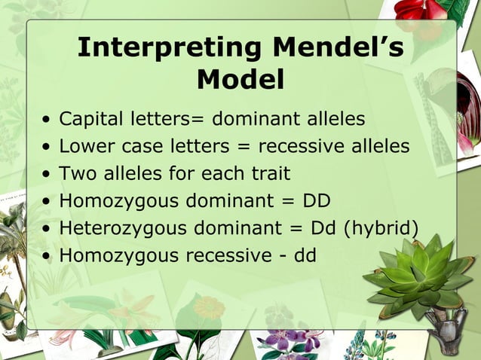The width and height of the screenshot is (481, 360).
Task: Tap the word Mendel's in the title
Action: [338, 47]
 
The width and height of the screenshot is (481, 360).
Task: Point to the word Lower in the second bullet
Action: [82, 146]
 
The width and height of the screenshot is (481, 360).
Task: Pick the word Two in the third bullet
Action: [75, 173]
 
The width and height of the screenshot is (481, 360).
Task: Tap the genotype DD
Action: [317, 201]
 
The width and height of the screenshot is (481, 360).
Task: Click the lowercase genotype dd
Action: [305, 255]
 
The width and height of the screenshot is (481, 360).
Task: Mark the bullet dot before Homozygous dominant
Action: [47, 202]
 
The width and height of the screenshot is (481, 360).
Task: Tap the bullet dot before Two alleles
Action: [47, 175]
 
